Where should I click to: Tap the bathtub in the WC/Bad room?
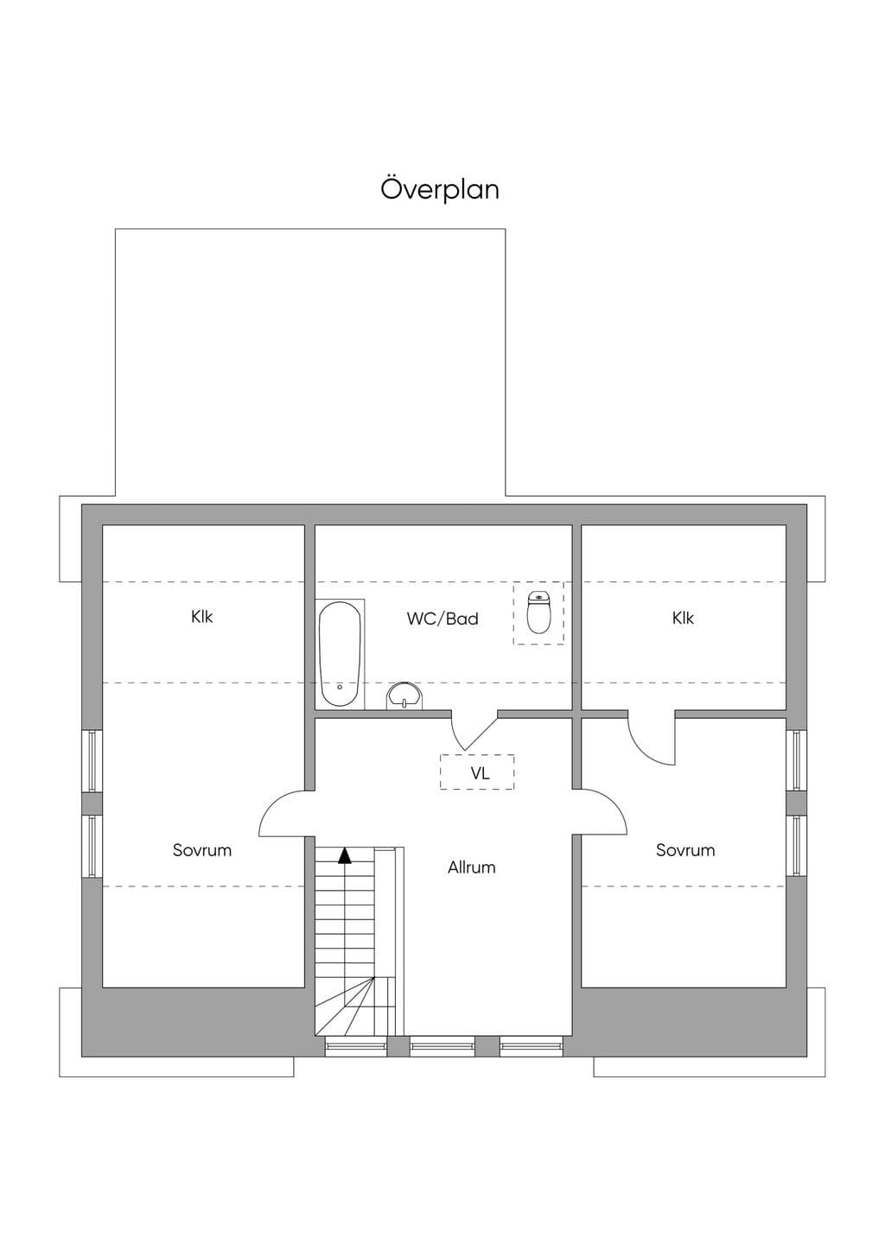point(340,654)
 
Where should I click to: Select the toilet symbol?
point(538,612)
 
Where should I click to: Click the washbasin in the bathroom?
point(404,695)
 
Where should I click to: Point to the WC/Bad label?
point(442,619)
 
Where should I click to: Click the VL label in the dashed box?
point(480,773)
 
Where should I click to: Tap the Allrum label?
point(472,867)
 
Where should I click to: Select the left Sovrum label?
point(201,850)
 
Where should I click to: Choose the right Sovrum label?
point(685,850)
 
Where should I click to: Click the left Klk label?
point(201,617)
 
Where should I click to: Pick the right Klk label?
point(683,618)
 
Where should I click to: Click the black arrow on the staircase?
point(345,855)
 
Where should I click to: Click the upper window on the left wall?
point(92,760)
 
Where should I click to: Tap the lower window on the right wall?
point(796,845)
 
